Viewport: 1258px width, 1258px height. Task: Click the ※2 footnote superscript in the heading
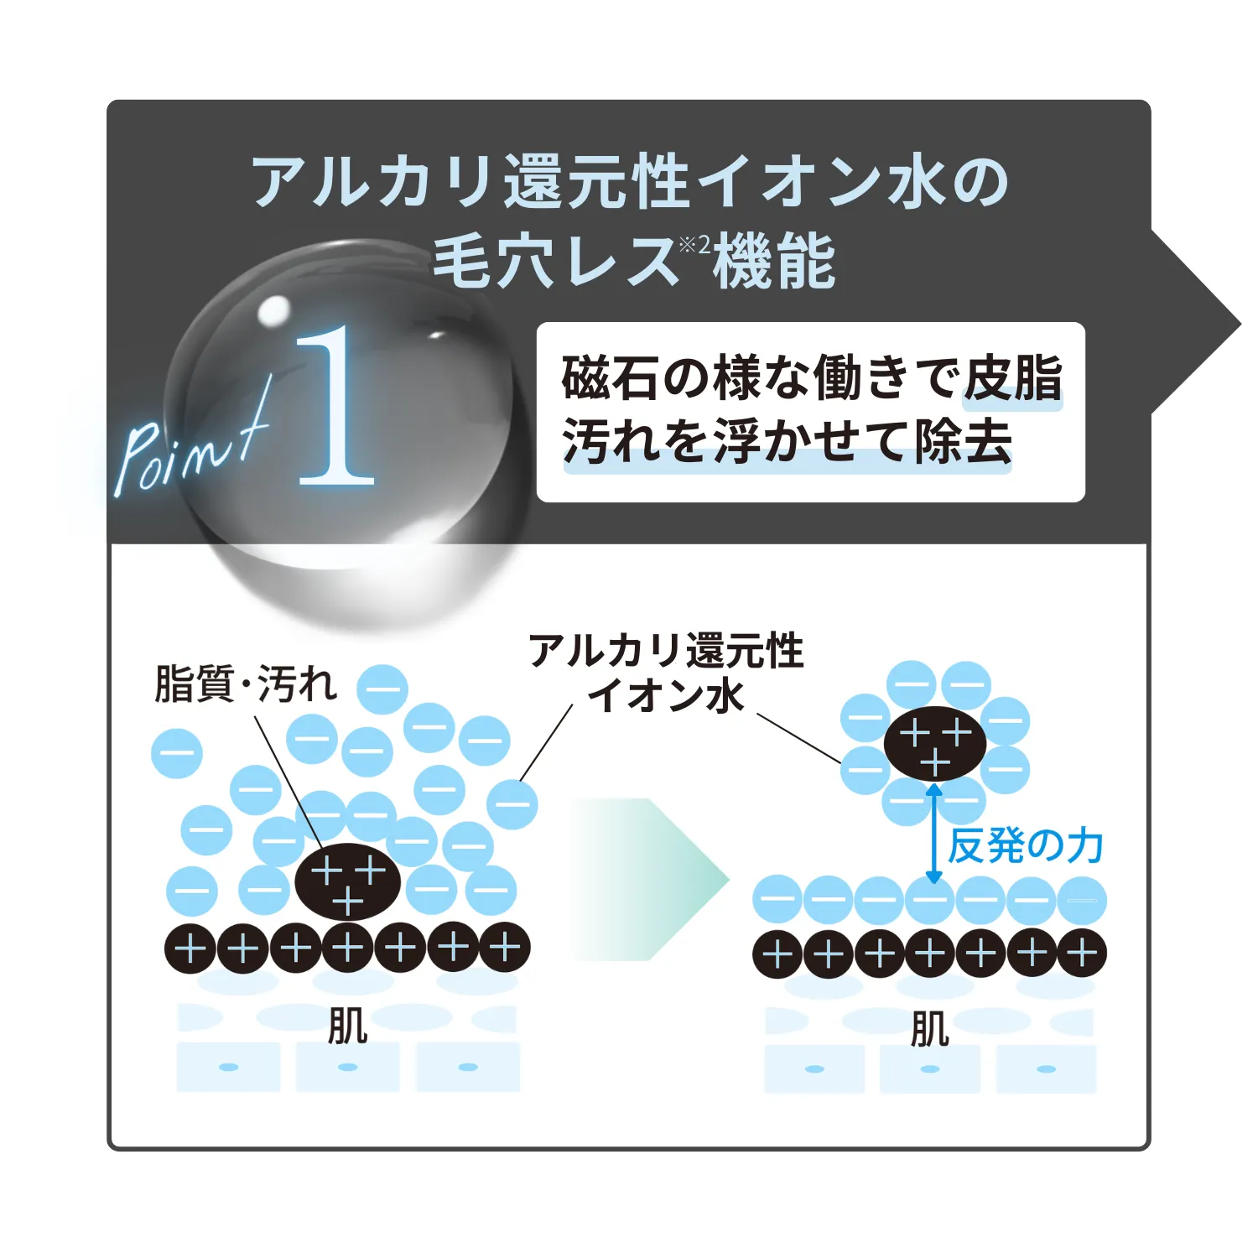tap(694, 244)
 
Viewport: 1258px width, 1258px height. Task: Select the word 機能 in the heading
tap(774, 261)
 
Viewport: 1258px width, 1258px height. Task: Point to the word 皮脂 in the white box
tap(1013, 378)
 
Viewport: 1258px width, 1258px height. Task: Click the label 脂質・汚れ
tap(246, 684)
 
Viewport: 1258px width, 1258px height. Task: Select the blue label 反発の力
tap(1025, 845)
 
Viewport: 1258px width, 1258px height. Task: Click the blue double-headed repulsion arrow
tap(933, 833)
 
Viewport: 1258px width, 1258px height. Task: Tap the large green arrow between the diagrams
tap(650, 880)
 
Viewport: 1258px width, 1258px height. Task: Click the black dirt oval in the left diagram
tap(347, 881)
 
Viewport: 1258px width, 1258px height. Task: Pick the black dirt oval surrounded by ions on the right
tap(935, 744)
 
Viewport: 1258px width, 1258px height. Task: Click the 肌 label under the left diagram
tap(347, 1026)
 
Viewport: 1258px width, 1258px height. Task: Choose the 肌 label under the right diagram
tap(930, 1029)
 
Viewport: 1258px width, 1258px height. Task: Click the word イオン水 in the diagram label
tap(665, 695)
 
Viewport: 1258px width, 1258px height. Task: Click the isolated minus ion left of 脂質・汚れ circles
tap(176, 752)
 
